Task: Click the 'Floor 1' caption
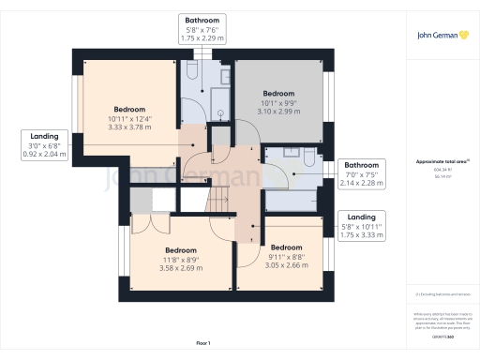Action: pos(203,344)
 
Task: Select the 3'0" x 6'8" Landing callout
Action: pos(44,145)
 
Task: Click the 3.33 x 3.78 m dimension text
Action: pos(130,127)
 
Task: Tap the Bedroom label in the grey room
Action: pos(278,94)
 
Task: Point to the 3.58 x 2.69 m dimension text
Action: pos(180,267)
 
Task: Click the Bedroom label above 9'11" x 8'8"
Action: pos(284,247)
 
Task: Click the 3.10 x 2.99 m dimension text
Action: pos(278,111)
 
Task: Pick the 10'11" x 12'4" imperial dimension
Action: pos(130,118)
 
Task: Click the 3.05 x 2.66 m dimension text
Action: pos(284,264)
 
